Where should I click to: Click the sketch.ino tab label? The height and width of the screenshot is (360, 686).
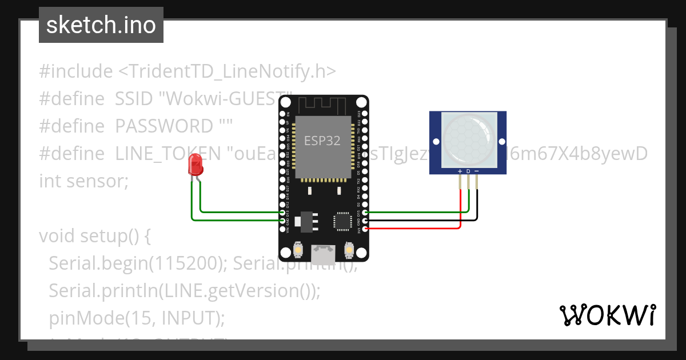click(x=101, y=25)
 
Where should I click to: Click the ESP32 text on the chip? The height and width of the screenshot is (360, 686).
click(x=322, y=141)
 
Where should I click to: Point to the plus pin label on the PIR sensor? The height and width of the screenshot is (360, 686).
click(x=460, y=171)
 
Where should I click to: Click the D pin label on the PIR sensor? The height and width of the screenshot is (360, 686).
click(x=468, y=171)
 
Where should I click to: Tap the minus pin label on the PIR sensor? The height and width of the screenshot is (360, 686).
click(x=477, y=171)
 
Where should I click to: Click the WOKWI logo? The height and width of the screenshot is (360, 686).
click(x=607, y=315)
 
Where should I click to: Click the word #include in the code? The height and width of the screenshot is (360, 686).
click(x=75, y=71)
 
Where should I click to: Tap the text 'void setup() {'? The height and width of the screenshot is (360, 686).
click(x=94, y=235)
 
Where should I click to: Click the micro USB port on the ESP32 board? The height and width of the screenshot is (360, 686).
click(x=323, y=251)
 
